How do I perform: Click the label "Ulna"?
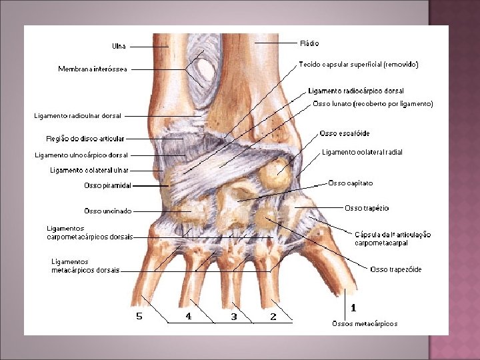(119, 46)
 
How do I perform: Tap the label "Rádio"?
(310, 43)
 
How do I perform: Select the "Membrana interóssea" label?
(93, 69)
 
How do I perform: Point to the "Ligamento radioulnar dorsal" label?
(78, 115)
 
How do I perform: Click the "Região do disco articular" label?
(85, 139)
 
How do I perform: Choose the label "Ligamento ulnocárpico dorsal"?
(81, 155)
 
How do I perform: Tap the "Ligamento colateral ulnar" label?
(89, 170)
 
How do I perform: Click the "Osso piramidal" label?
(107, 185)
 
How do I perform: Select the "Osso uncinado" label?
(107, 211)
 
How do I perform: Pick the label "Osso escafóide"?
(345, 134)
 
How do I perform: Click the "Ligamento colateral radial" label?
(362, 152)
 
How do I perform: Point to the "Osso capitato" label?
(350, 183)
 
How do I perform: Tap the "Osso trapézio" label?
(367, 208)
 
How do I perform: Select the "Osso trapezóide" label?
(396, 269)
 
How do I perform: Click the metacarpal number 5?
(139, 317)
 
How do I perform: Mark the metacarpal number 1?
(353, 308)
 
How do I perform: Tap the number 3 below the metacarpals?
(234, 317)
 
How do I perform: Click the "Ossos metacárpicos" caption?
(365, 323)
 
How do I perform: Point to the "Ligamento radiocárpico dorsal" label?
(356, 91)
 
